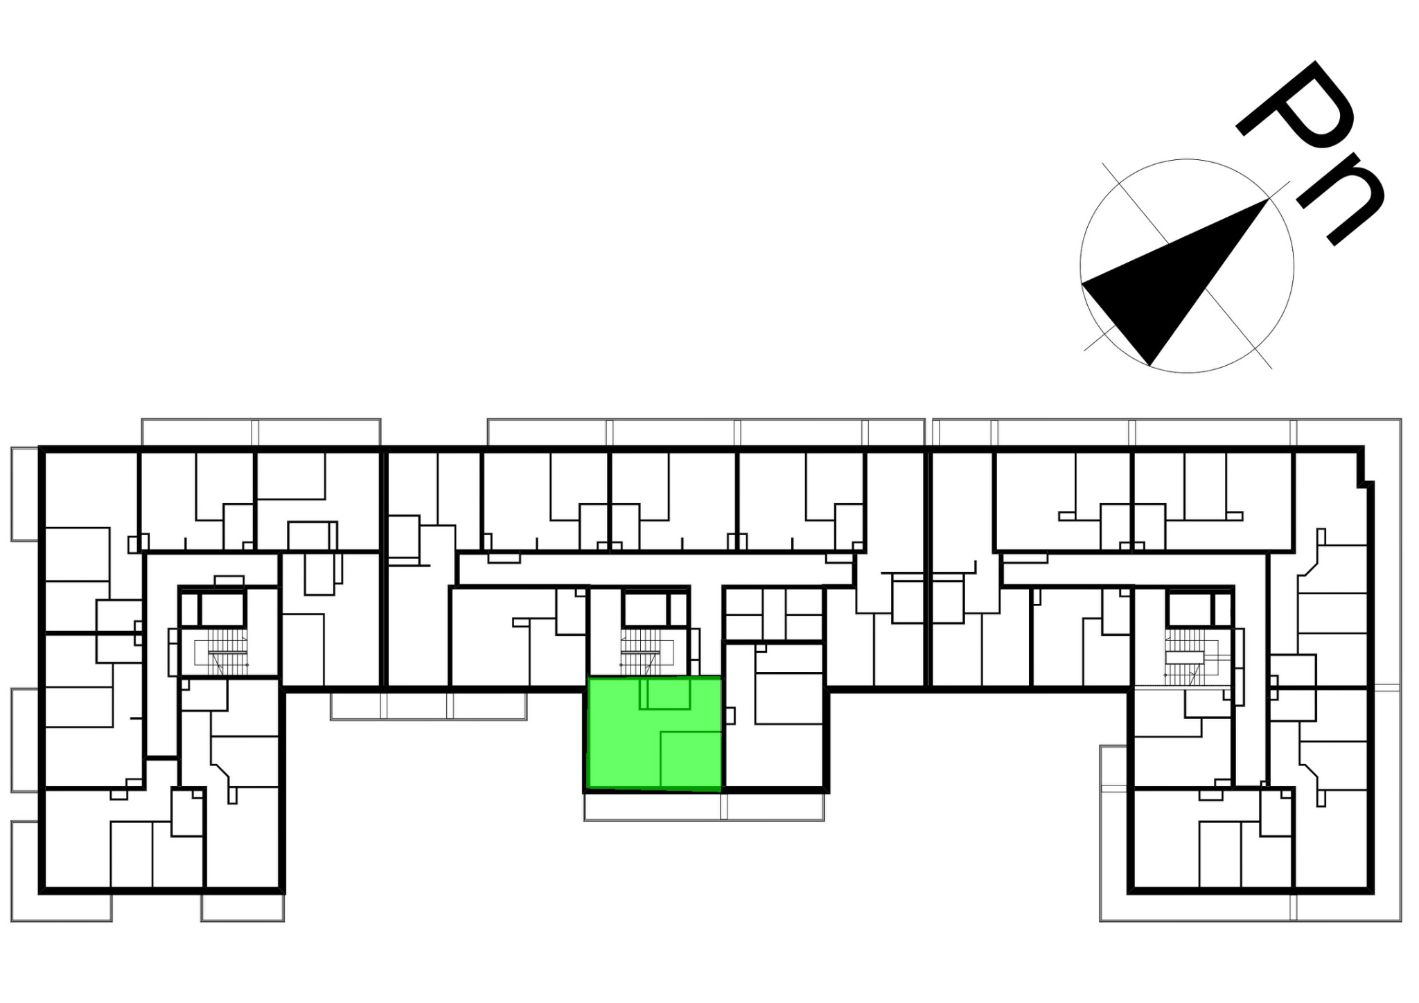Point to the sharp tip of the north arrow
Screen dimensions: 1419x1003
click(x=1268, y=199)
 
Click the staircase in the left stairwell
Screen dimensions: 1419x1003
click(x=222, y=651)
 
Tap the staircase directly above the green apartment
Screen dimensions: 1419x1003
click(x=642, y=651)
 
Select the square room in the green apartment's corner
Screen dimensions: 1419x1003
click(x=690, y=760)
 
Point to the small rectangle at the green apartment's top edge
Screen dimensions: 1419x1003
click(x=664, y=693)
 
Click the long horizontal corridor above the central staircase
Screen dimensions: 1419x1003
click(x=655, y=569)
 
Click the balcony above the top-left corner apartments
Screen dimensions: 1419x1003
click(x=261, y=432)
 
